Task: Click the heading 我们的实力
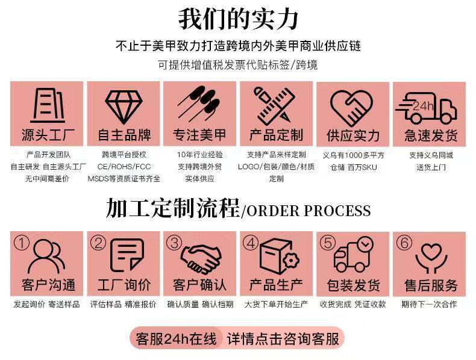[238, 19]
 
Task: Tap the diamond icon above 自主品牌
[124, 107]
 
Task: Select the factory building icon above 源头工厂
[48, 106]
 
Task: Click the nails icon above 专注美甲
[200, 107]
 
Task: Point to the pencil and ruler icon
[276, 107]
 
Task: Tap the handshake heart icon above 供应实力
[352, 107]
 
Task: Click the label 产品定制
[276, 134]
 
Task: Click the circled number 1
[22, 243]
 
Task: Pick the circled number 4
[250, 243]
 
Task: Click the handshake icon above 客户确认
[200, 258]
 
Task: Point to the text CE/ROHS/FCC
[124, 166]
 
